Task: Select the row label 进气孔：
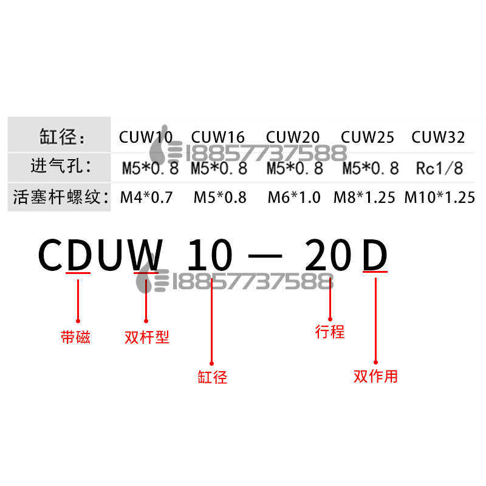tap(60, 166)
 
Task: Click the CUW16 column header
tap(218, 137)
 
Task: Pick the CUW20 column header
tap(293, 137)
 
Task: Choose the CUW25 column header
tap(368, 137)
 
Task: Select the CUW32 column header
tap(438, 137)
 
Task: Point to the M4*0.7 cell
tap(146, 197)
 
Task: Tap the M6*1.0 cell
tap(294, 197)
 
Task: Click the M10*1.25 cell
tap(439, 197)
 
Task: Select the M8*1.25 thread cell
tap(365, 197)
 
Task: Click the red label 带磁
tap(76, 338)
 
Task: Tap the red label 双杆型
tap(146, 338)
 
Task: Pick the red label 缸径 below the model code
tap(213, 377)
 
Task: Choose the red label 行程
tap(330, 332)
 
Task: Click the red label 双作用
tap(375, 376)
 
